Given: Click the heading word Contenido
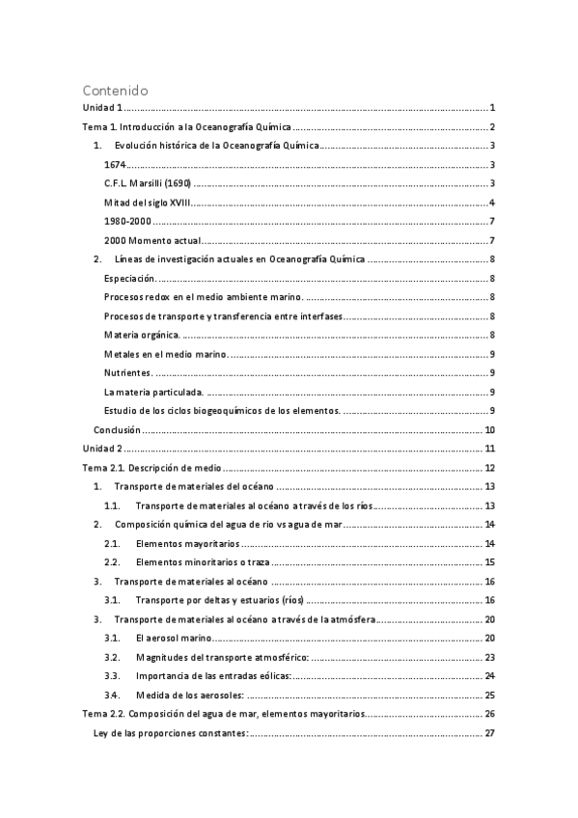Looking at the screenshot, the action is [x=115, y=91].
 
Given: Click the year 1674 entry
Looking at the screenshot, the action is [x=116, y=165].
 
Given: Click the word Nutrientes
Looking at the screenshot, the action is [x=128, y=372].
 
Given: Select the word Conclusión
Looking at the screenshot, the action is [x=118, y=429].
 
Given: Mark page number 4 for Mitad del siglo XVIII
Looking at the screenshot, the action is [x=492, y=203].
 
